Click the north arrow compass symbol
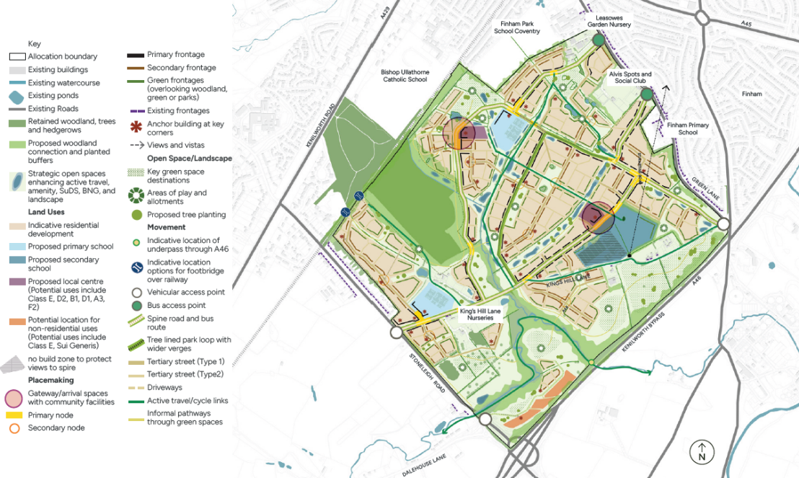point(701,451)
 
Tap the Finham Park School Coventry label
point(517,27)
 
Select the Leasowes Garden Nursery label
point(609,20)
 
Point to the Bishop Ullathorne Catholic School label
point(404,76)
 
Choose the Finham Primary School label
point(687,128)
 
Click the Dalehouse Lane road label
point(425,466)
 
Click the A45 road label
point(746,24)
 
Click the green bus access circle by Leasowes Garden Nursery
point(598,41)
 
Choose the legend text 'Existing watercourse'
point(64,83)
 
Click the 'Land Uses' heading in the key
point(46,212)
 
